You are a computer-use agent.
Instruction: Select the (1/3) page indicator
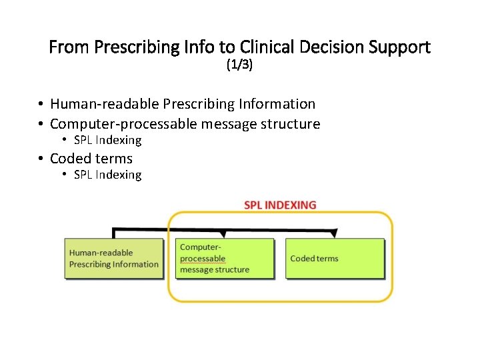(x=240, y=65)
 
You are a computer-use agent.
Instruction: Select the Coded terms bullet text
(x=91, y=159)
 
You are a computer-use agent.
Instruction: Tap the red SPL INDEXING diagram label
(x=280, y=205)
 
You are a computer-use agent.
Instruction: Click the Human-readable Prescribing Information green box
(x=113, y=258)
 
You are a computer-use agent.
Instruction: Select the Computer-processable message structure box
(x=225, y=258)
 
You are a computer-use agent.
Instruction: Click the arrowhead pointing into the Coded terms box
(x=335, y=234)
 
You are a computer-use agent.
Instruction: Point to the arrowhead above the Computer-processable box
(x=225, y=234)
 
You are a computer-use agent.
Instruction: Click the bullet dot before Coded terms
(x=41, y=159)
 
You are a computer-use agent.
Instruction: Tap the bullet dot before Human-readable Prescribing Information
(x=41, y=104)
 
